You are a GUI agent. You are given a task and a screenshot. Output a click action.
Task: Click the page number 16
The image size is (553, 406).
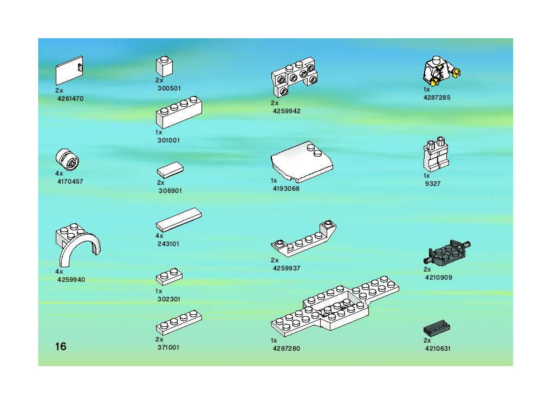pos(61,346)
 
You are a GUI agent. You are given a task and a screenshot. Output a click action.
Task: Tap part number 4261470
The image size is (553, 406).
pos(70,99)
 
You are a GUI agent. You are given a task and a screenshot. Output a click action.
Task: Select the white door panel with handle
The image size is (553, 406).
pos(69,70)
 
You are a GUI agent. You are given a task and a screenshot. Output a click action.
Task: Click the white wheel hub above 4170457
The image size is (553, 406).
pos(68,160)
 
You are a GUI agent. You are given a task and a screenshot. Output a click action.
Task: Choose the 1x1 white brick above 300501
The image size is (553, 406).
pos(164,67)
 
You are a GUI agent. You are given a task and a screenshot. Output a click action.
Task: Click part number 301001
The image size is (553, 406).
pos(168,140)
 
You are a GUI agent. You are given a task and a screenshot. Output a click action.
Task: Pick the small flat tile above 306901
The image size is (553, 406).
pos(170,170)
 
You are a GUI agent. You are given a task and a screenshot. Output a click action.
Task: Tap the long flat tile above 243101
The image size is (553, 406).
pos(179,220)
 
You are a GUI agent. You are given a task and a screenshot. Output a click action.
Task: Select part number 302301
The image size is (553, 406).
pos(169,299)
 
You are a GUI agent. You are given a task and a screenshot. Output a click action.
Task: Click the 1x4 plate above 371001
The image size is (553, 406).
pos(179,322)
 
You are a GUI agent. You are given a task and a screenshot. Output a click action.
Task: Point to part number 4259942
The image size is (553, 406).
pos(287,111)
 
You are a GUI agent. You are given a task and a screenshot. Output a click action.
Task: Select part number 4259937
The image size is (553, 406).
pos(287,268)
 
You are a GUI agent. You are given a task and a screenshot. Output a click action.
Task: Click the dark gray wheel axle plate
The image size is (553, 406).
pos(447,251)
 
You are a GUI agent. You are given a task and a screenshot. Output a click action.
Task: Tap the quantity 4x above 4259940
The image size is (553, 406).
pos(59,272)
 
